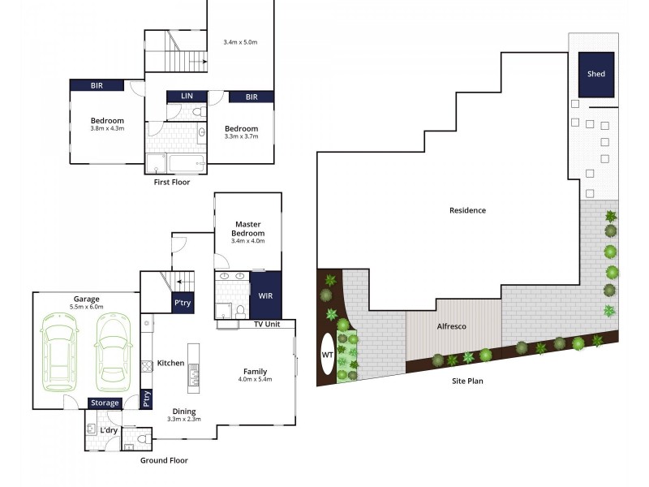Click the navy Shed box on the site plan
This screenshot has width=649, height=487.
point(596,74)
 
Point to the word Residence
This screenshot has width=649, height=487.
point(467,210)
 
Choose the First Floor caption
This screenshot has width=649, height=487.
point(172,182)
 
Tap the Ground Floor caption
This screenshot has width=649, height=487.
point(165,460)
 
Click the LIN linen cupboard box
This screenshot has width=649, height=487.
point(187,97)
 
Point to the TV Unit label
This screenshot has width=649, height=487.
point(267,324)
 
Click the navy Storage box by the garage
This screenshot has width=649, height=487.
point(105,403)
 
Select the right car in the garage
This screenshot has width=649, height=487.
point(112,351)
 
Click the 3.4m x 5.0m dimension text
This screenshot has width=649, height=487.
point(240,42)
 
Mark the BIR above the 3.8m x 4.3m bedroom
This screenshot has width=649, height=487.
point(96,84)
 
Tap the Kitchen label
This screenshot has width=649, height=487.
point(170,363)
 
